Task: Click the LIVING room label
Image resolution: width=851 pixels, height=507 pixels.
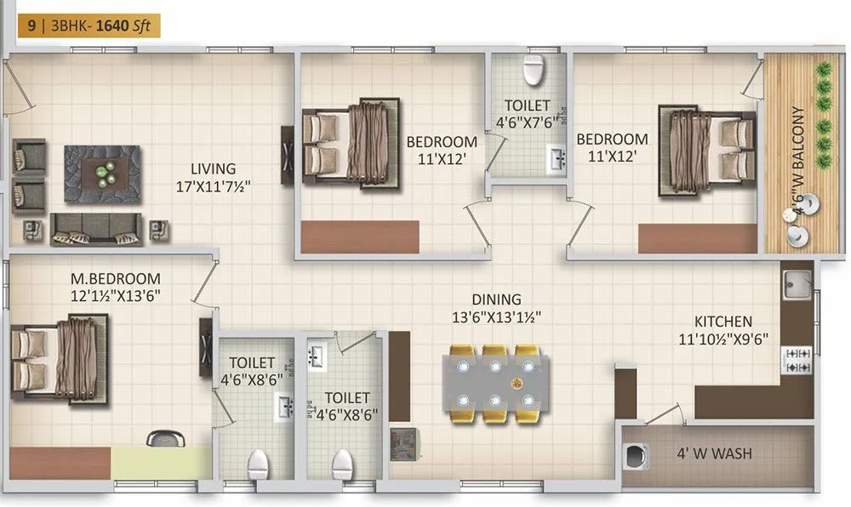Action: coord(213,168)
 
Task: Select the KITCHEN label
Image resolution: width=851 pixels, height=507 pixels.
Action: coord(723,322)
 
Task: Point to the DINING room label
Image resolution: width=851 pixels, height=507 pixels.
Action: coord(497,299)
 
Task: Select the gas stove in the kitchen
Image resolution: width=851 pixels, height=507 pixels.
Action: coord(797,359)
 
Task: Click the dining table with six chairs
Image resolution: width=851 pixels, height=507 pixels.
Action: coord(495,383)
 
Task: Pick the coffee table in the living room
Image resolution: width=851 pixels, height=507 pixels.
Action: coord(102,173)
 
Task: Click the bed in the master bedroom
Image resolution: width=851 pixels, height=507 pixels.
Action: coord(60,356)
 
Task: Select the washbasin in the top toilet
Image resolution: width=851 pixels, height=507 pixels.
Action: coord(557,158)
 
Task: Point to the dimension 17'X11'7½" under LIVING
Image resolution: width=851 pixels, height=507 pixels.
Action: coord(213,185)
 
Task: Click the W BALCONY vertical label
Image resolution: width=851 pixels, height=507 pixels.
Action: coord(797,153)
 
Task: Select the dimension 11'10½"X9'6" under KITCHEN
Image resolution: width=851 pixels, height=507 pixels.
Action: coord(723,338)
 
